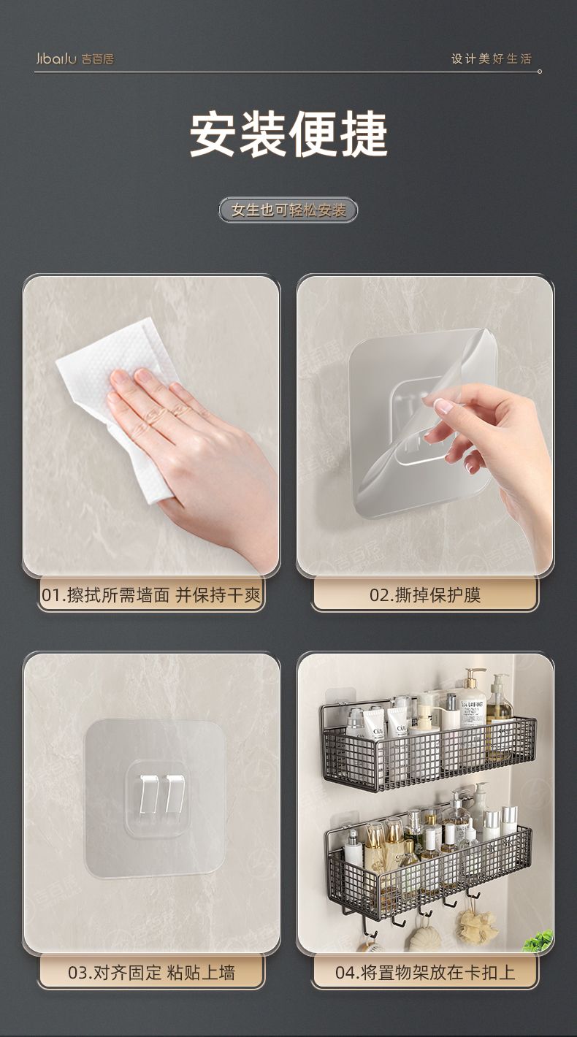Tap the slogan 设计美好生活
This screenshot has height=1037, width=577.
(x=492, y=59)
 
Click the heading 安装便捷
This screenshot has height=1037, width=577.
(x=288, y=134)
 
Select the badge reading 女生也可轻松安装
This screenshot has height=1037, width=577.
(x=288, y=210)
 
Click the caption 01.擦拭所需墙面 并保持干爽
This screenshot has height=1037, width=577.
(x=151, y=595)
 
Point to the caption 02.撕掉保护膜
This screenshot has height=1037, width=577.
(x=425, y=595)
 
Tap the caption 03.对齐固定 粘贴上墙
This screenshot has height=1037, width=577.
(x=151, y=973)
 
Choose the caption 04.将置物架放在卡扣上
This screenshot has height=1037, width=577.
(x=425, y=973)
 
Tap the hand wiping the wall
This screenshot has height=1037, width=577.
(x=194, y=445)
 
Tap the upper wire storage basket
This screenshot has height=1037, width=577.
(x=428, y=746)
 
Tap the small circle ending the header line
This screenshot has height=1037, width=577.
(x=539, y=72)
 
